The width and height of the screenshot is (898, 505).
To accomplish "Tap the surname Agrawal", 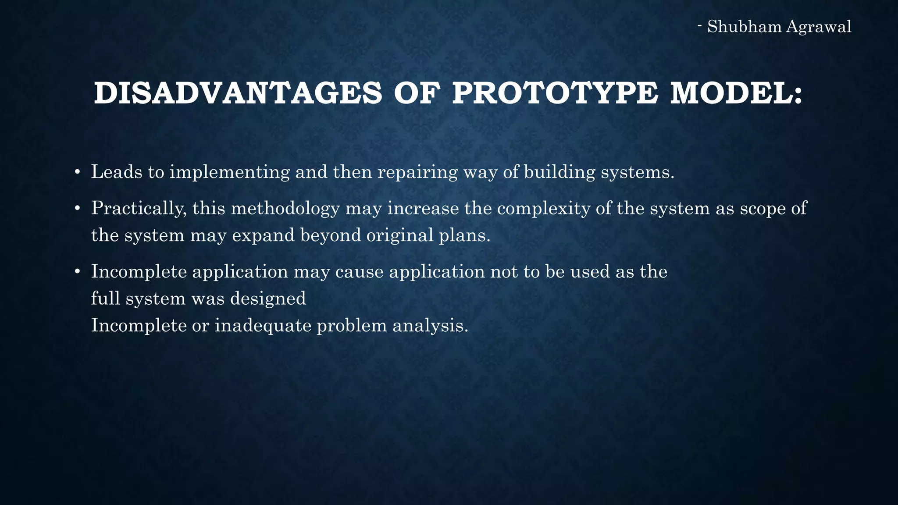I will (x=819, y=27).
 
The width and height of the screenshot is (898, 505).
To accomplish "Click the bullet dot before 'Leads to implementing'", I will (x=77, y=172).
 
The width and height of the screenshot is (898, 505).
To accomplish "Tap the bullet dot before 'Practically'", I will (x=77, y=208).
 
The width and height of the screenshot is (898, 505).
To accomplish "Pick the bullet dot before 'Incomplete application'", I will (x=77, y=272).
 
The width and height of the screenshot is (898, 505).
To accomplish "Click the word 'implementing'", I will (x=230, y=172).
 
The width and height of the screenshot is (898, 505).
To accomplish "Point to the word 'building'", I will (x=559, y=172).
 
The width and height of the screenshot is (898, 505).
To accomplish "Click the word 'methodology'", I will (x=285, y=208).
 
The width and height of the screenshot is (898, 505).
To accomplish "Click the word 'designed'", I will (x=268, y=299).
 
